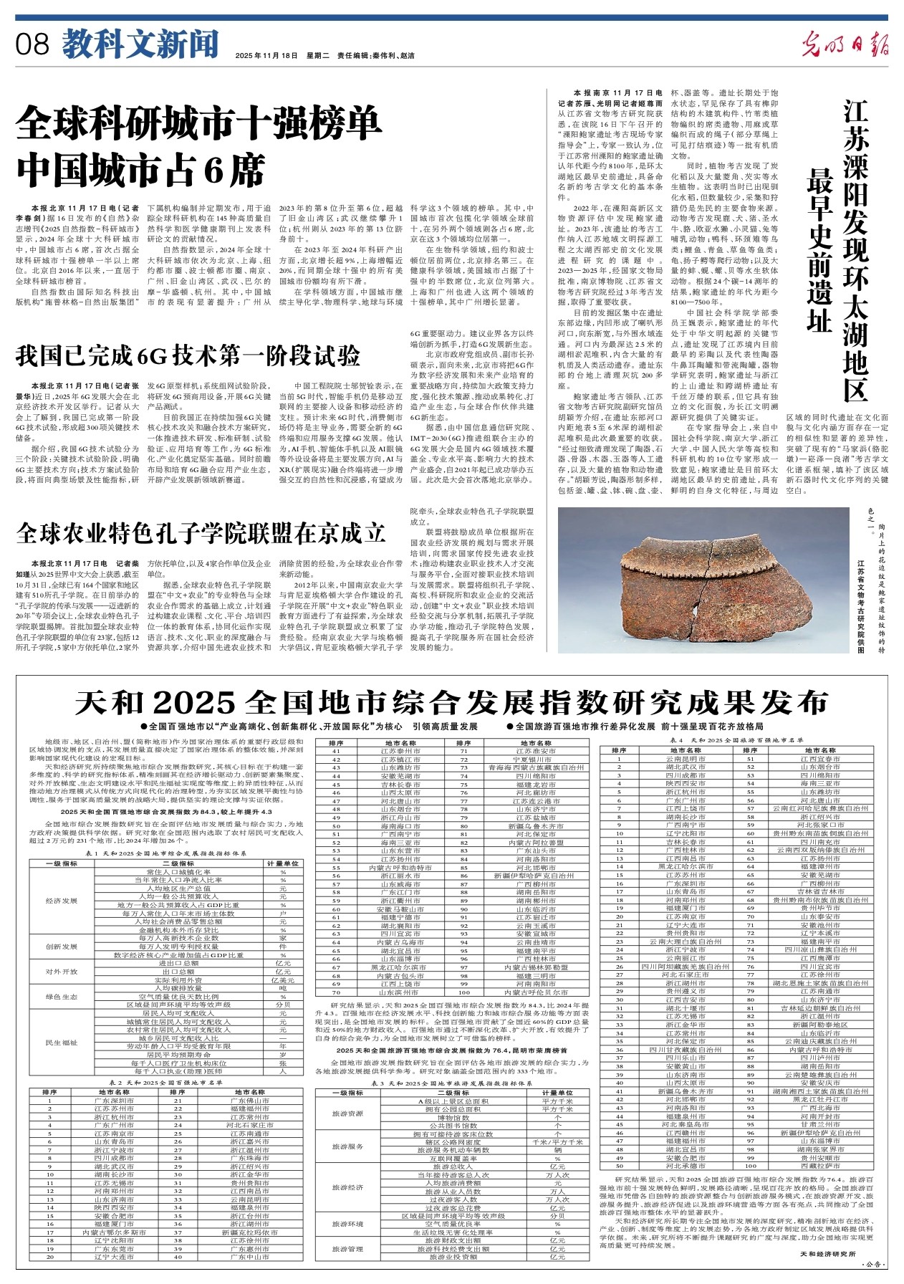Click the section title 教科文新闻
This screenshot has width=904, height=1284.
(139, 45)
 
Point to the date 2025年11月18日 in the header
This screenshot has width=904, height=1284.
(266, 56)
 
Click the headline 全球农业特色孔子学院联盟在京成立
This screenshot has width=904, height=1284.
(201, 532)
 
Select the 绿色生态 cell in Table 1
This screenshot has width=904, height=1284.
(62, 996)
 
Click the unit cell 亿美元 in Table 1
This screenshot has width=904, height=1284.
(283, 979)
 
